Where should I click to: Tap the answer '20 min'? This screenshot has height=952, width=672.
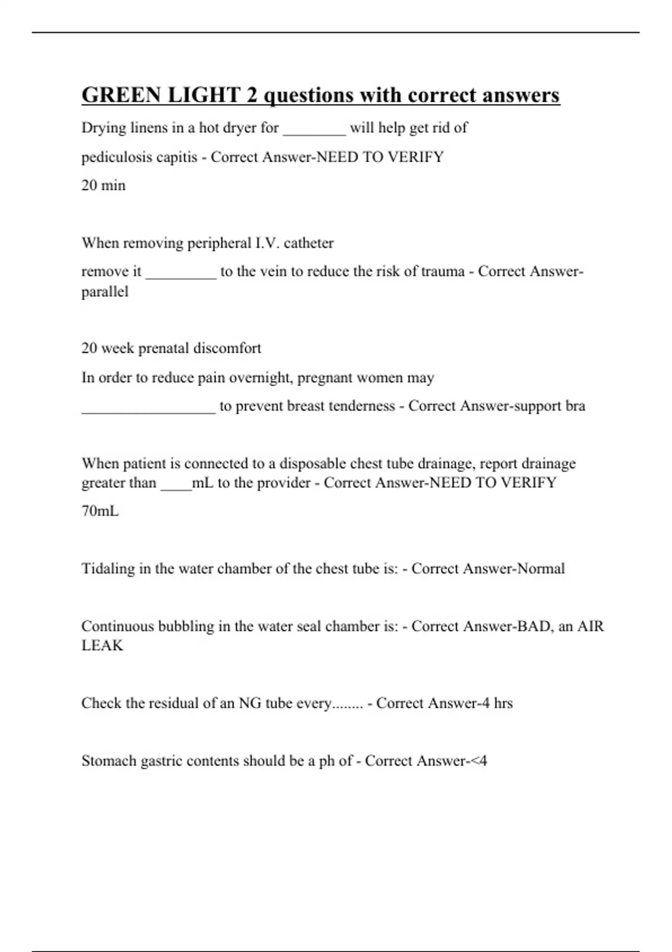coord(104,185)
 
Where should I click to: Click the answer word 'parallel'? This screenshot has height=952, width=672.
coord(105,292)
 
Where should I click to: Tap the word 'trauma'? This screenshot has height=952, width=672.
coord(443,272)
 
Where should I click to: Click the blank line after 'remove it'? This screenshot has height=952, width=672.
coord(181,276)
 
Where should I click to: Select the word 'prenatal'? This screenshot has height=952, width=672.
coord(163,348)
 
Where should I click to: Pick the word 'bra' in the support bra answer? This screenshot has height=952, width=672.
coord(575,406)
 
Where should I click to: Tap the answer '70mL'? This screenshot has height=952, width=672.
coord(100,511)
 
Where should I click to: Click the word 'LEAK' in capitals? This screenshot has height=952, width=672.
coord(102,646)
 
